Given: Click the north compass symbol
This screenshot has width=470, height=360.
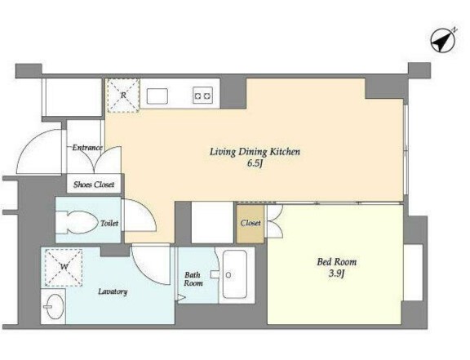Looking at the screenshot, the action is pyautogui.click(x=443, y=41).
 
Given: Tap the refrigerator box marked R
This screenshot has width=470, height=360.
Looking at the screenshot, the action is pyautogui.click(x=123, y=96).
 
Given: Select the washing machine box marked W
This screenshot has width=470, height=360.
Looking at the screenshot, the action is pyautogui.click(x=64, y=267).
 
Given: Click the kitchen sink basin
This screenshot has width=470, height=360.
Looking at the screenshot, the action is pyautogui.click(x=157, y=96).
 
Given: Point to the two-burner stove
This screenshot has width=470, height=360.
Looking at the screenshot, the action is pyautogui.click(x=203, y=96).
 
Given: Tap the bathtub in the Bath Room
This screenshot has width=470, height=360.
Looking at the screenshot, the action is pyautogui.click(x=235, y=274).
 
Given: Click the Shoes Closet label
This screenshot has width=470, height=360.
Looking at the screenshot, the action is pyautogui.click(x=94, y=184).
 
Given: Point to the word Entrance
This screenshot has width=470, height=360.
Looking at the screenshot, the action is pyautogui.click(x=87, y=148).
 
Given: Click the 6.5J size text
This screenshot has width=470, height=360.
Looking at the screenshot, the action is pyautogui.click(x=255, y=164).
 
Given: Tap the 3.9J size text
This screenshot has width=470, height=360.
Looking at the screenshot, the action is pyautogui.click(x=337, y=273).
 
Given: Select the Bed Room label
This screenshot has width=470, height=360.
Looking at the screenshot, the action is pyautogui.click(x=337, y=262).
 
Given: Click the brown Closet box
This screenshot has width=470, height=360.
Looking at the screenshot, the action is pyautogui.click(x=251, y=224).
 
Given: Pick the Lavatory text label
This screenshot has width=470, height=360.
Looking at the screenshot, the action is pyautogui.click(x=113, y=291).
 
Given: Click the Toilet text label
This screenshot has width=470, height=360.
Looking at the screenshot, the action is pyautogui.click(x=109, y=223).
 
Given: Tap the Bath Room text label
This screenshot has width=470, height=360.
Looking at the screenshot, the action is pyautogui.click(x=193, y=278).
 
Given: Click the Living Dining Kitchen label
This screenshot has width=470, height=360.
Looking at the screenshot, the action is pyautogui.click(x=255, y=152).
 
